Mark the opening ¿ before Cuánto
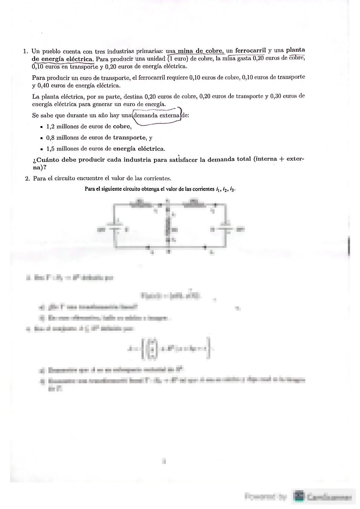pos(34,160)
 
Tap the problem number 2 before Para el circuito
pos(27,178)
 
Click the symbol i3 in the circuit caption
pos(232,190)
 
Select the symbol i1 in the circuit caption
pos(218,190)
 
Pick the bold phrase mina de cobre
pos(201,51)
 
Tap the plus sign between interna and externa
pos(282,159)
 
